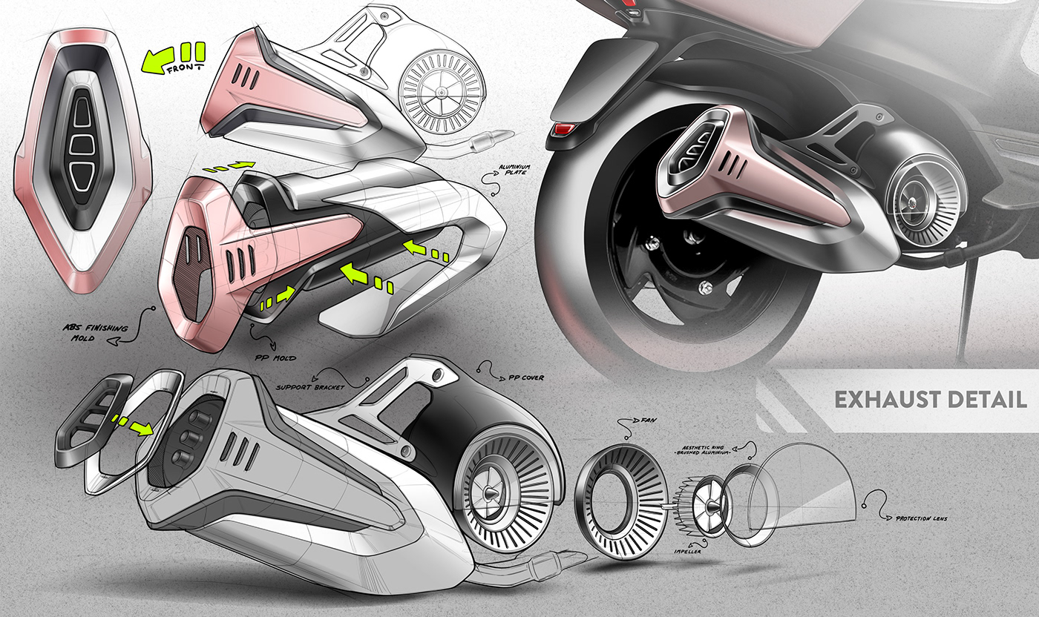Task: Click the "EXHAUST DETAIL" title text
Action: (931, 400)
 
